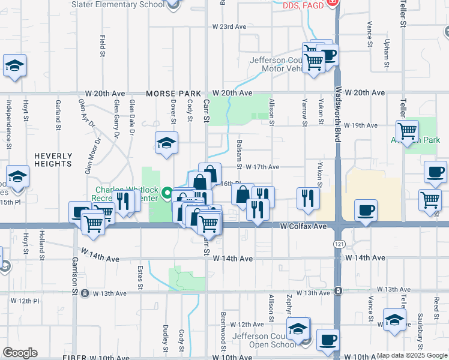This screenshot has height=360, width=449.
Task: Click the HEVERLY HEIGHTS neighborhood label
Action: (x=53, y=160)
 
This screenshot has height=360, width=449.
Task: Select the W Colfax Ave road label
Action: (x=303, y=227)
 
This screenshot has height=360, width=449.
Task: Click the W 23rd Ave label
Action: (x=229, y=27)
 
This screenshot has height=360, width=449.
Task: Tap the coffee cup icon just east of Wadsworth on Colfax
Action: (x=366, y=211)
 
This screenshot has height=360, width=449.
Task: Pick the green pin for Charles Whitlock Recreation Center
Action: (x=167, y=194)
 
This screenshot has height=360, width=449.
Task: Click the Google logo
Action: (x=20, y=353)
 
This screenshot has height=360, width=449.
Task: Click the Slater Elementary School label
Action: (x=118, y=4)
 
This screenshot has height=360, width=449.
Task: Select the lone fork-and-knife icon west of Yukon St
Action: (x=307, y=197)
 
